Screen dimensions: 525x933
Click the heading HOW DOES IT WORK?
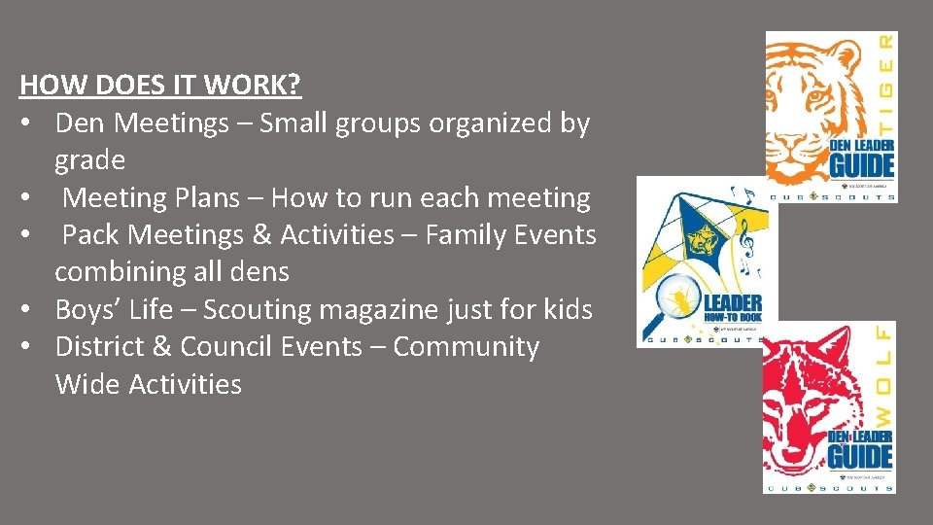pos(160,86)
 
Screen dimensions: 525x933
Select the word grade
pos(89,160)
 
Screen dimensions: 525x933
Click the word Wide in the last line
pos(88,385)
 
